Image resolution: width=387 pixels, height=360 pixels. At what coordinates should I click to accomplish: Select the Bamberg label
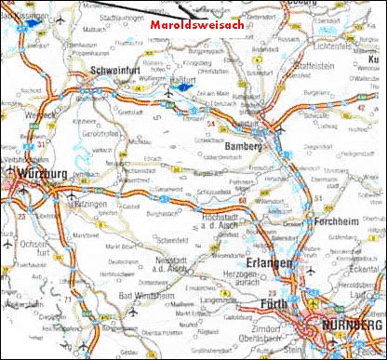click(x=245, y=146)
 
